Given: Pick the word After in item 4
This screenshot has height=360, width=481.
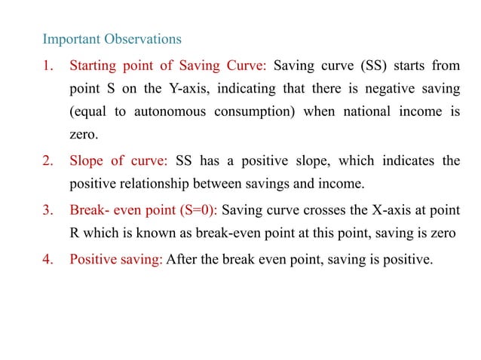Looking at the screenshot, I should tap(181, 259).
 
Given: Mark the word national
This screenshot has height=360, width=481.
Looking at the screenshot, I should tap(357, 113).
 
